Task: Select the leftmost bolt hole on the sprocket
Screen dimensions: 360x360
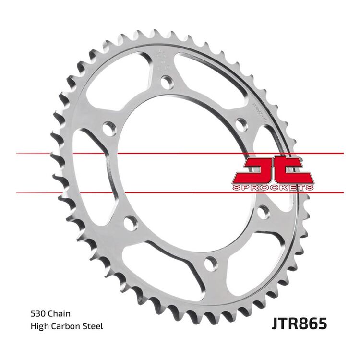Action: click(x=110, y=129)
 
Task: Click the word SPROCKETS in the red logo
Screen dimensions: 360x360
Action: click(x=273, y=186)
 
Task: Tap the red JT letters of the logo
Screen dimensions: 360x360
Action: click(x=272, y=169)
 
